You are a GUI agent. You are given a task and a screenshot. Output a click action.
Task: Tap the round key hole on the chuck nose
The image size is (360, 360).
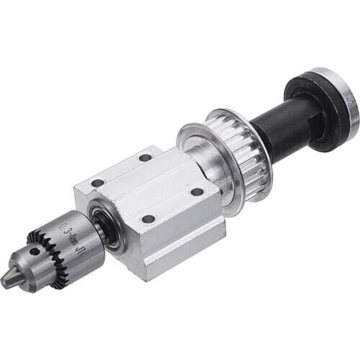tap(33, 252)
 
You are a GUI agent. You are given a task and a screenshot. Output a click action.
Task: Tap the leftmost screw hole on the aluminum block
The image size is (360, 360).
tap(96, 183)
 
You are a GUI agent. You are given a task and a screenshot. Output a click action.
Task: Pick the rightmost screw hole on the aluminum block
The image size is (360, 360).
tap(197, 192)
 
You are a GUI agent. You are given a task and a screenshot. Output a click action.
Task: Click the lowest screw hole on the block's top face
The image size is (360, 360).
tap(148, 219)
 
